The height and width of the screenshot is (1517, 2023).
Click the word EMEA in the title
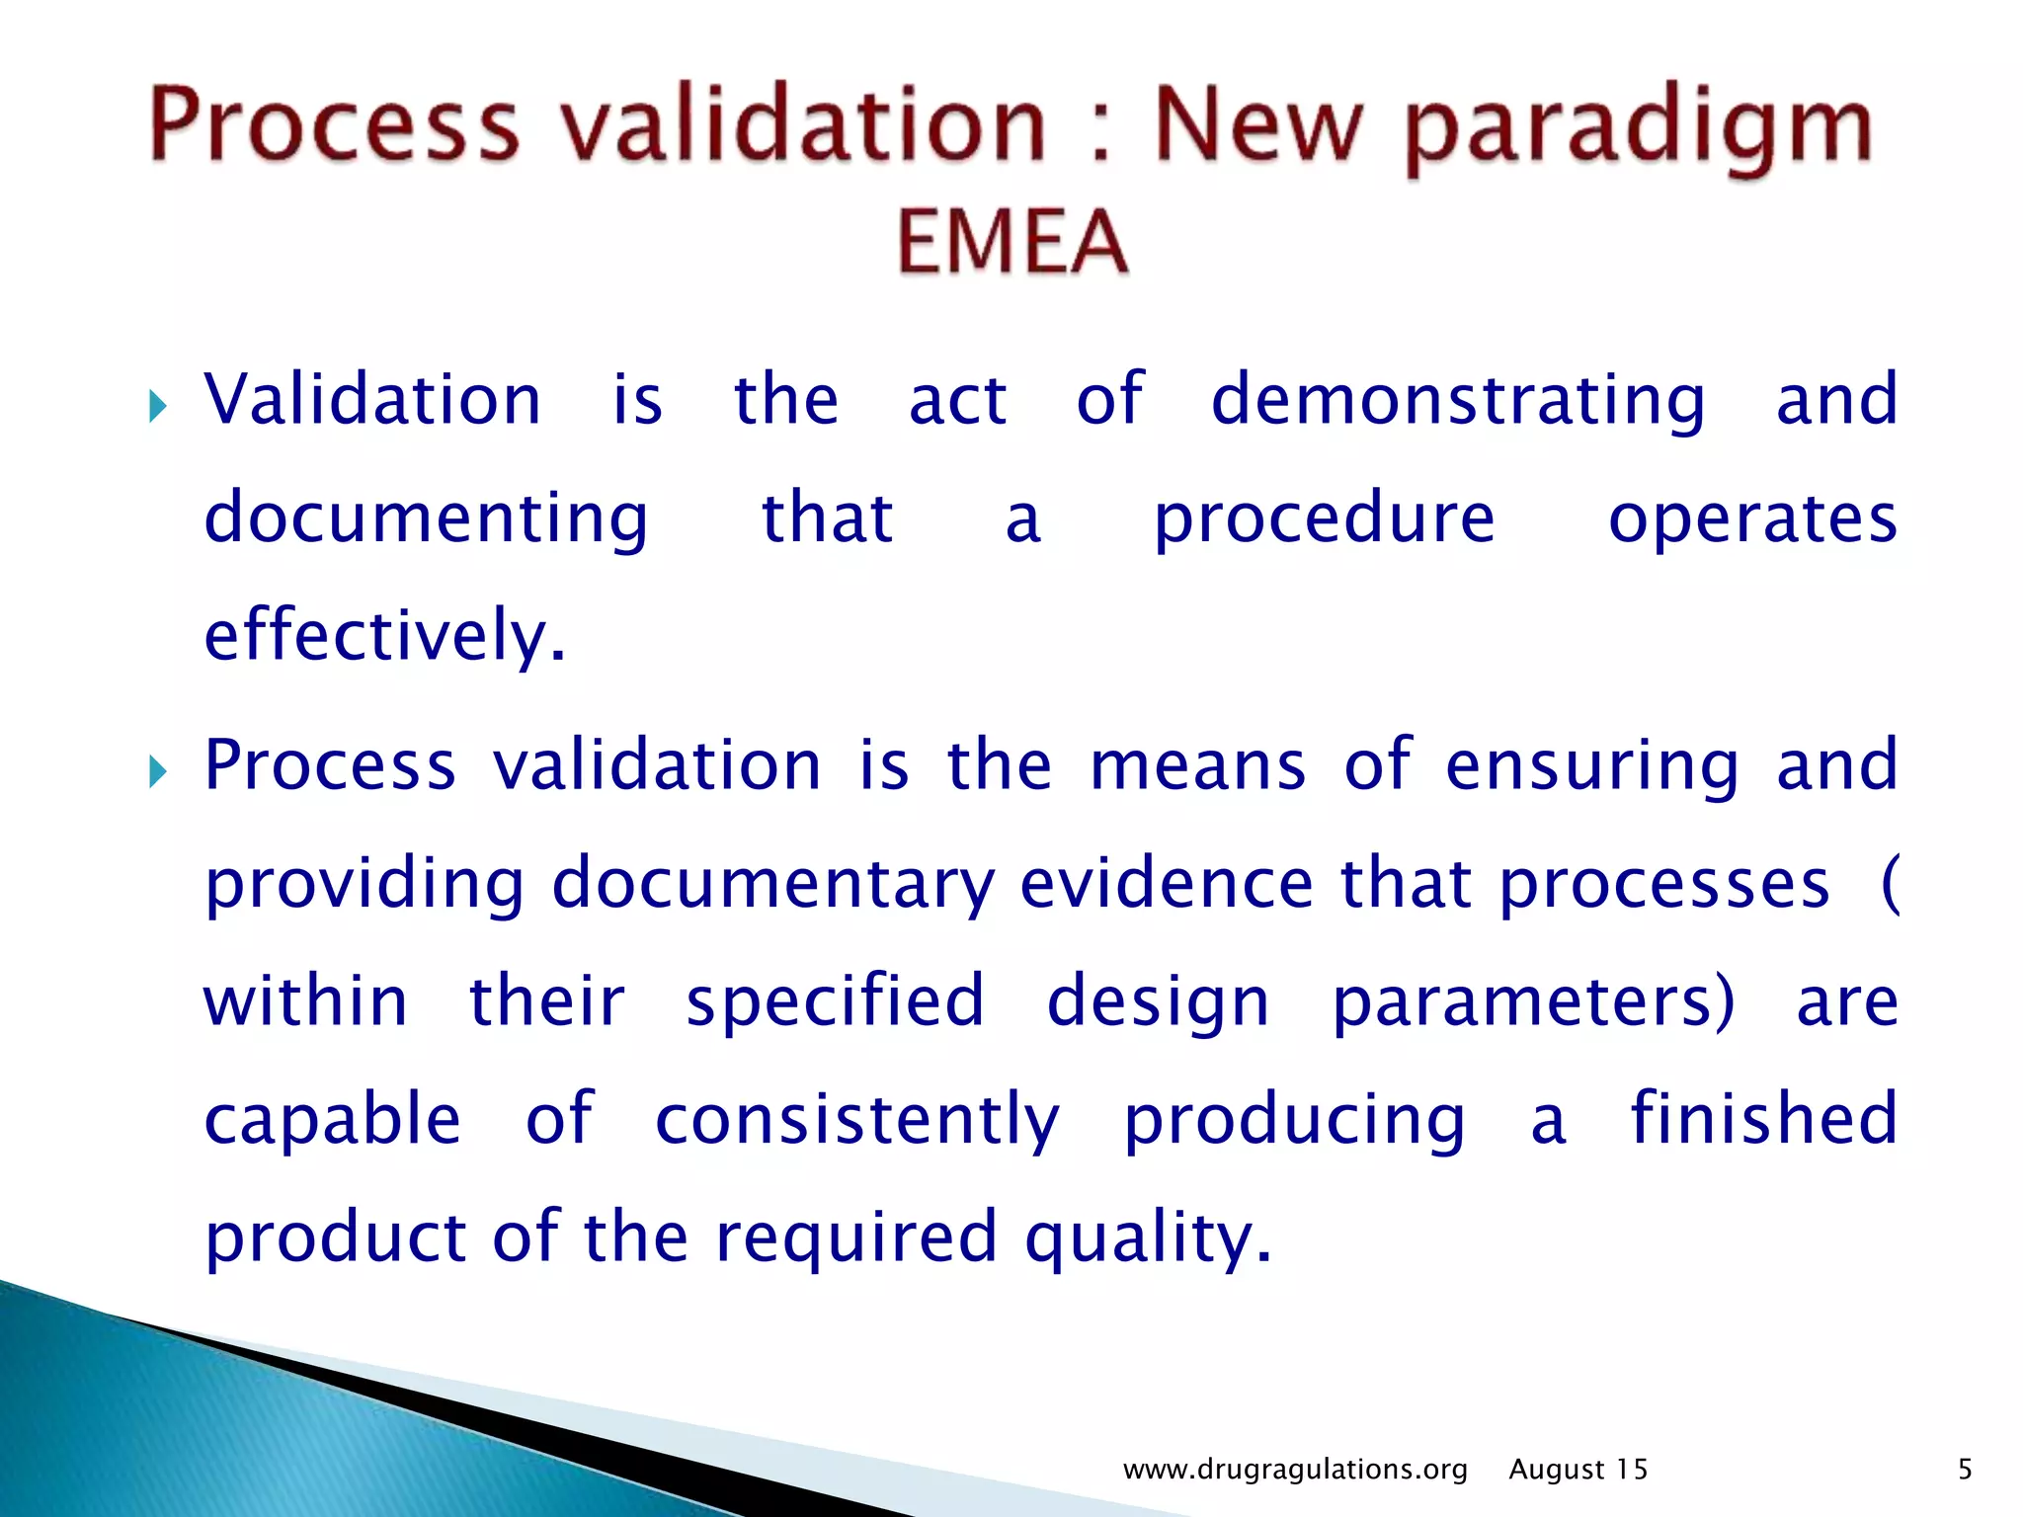1012,242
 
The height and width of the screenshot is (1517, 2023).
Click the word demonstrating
1458,400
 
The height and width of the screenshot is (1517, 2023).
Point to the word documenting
426,519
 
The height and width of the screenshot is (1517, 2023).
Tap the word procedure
1325,519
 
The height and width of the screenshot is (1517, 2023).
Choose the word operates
1752,519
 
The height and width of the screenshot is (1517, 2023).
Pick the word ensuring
1591,765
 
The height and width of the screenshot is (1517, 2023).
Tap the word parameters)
1532,1001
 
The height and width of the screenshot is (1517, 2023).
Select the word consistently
857,1120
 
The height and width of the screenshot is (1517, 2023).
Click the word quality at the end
1147,1238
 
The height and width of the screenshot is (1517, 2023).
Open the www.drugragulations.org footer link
1295,1470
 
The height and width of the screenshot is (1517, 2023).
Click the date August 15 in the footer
1578,1470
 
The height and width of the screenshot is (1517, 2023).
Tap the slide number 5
1965,1470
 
